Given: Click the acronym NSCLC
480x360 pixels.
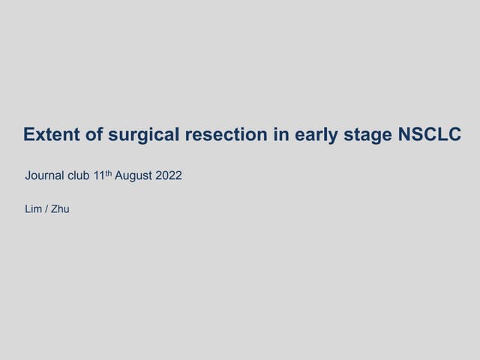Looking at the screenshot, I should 428,135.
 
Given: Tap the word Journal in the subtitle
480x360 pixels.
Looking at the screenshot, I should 43,177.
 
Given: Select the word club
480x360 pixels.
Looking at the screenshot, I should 79,177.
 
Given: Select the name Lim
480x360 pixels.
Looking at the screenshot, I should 33,209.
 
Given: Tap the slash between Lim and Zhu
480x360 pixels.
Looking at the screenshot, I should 46,209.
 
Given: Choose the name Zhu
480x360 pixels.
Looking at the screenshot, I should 60,209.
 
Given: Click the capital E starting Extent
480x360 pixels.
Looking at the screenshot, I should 28,135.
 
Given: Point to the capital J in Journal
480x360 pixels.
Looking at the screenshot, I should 28,177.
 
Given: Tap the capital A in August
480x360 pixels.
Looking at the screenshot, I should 118,177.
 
